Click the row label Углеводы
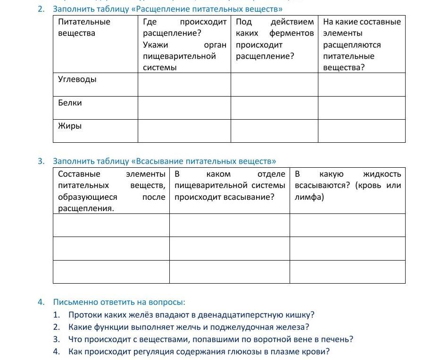point(77,79)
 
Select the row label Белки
point(70,103)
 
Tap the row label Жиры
point(70,126)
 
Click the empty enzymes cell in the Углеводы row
point(274,85)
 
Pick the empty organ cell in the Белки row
point(184,108)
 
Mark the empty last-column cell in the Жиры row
point(361,131)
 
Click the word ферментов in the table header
point(292,33)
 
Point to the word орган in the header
point(215,45)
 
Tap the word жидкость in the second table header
point(382,174)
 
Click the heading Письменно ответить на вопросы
point(119,302)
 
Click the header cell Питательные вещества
point(84,27)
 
